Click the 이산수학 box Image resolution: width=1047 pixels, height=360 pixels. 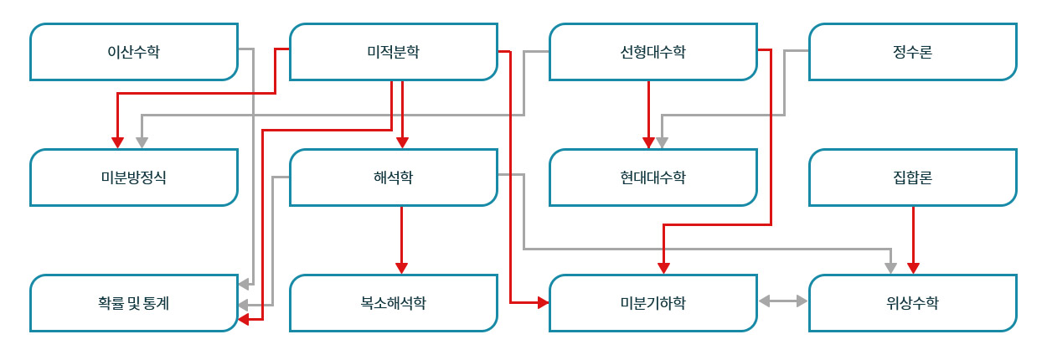134,52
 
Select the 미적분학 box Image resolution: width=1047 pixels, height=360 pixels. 394,52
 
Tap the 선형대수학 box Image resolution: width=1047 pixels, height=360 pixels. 653,52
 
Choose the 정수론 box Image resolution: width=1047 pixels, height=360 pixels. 913,52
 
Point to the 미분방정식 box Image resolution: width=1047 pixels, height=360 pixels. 134,177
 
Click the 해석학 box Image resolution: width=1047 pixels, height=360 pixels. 394,177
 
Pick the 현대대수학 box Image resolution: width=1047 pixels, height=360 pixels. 653,177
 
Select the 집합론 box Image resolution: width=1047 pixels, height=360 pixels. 913,177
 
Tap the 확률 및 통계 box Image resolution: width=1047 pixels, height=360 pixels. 134,303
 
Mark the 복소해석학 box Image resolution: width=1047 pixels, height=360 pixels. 394,303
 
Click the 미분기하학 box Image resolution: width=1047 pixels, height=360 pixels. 653,303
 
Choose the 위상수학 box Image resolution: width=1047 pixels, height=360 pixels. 913,303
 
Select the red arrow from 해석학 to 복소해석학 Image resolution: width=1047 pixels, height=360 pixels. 402,239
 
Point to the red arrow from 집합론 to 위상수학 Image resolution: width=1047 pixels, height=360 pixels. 913,239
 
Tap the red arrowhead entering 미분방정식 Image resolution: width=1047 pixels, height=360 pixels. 117,141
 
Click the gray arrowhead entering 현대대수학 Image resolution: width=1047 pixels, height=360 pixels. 661,141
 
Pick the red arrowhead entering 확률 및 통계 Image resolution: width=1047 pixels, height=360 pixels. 243,318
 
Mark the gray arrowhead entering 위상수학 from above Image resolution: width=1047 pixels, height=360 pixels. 890,267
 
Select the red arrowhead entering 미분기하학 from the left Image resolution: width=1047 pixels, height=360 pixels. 542,301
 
